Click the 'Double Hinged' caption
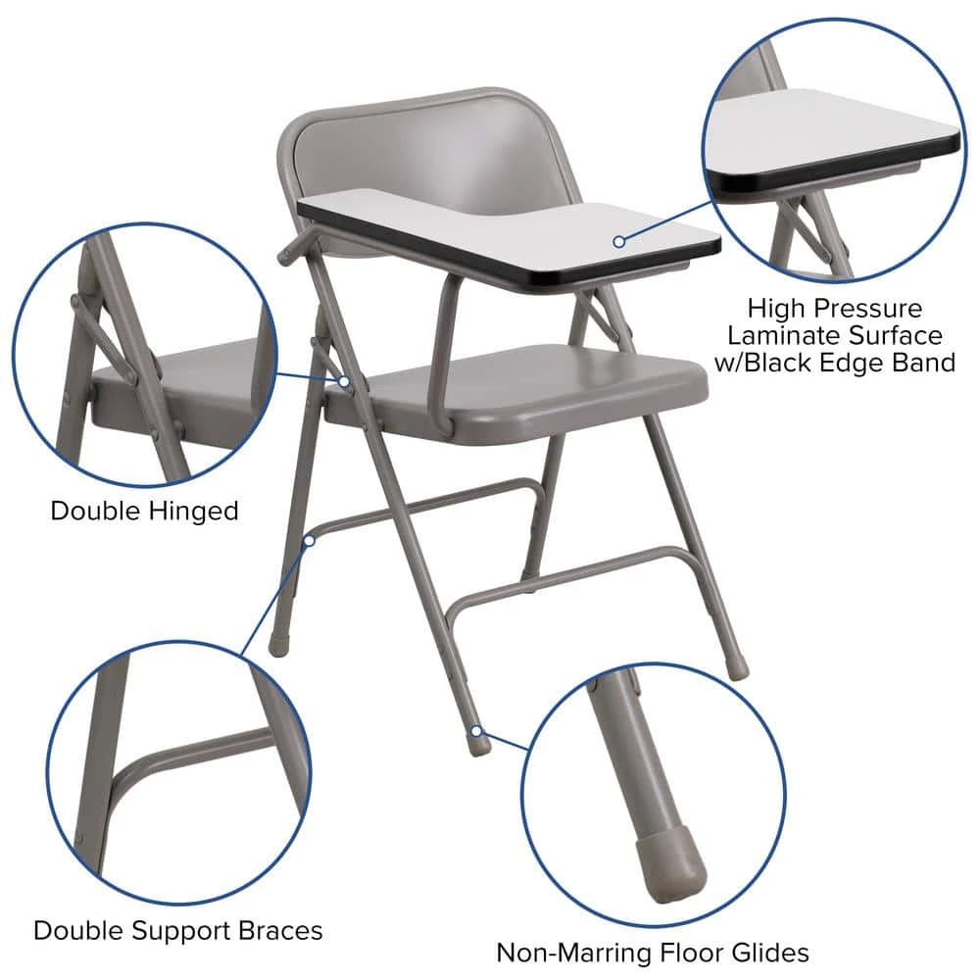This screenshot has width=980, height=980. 144,511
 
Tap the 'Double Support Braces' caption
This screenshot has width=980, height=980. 177,929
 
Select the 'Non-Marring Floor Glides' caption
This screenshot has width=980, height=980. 652,952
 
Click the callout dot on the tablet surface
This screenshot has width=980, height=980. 619,240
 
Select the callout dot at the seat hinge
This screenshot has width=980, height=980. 346,380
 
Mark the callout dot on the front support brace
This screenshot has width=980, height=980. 310,539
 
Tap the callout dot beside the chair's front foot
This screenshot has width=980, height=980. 476,730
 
